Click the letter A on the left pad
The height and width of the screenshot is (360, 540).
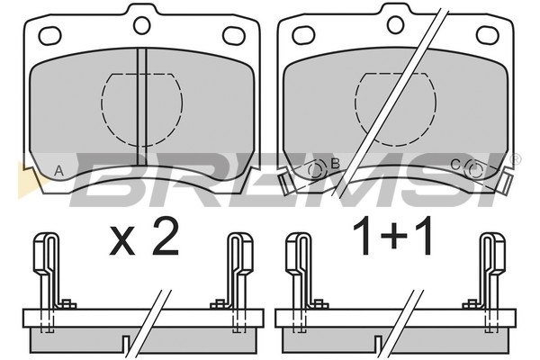coord(59,171)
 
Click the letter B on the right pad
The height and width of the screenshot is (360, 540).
coord(335,163)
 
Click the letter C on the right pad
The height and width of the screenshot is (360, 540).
coord(454,165)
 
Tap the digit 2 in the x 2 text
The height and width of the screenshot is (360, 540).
coord(166,237)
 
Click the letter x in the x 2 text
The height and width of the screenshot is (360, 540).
coord(121,242)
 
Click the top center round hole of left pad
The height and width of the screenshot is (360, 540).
coord(141,25)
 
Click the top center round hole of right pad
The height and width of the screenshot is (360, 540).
coord(395,24)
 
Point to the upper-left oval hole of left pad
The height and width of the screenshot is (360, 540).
coord(49,36)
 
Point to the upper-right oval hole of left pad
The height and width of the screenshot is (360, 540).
coord(234,35)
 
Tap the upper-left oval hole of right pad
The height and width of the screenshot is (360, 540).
coord(303,35)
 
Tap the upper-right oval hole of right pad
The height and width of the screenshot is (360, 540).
coord(487,35)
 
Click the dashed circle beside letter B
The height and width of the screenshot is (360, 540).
coord(317,169)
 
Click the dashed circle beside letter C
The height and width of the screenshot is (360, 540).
coord(474,170)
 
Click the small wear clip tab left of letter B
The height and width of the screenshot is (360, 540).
coord(286,184)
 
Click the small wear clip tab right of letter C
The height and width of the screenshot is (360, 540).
coord(505,184)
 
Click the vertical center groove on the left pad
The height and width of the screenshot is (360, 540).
coord(141,107)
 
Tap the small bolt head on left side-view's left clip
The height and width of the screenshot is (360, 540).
coord(67,304)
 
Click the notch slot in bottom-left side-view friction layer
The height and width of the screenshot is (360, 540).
coord(126,345)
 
